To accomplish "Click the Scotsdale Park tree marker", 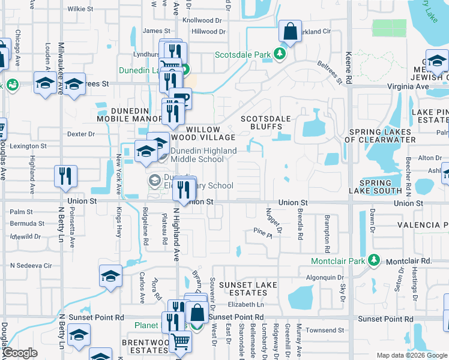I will point(279,54).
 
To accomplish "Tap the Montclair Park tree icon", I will point(375,260).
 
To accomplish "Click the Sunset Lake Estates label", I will point(243,288).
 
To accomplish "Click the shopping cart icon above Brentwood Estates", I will point(180,341).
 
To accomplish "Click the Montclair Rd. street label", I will point(409,262).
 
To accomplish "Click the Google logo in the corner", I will point(20,353).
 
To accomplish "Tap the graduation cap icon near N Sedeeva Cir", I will point(110,276).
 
